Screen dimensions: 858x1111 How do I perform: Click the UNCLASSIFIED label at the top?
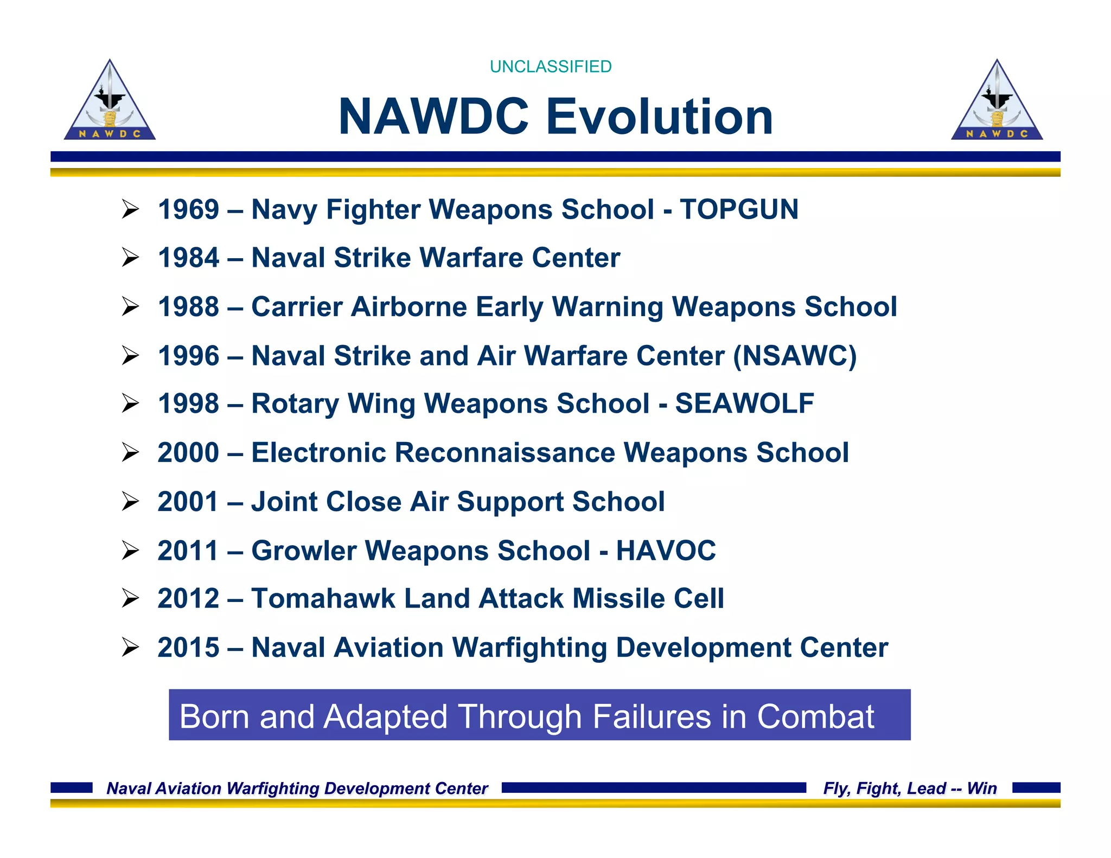pos(550,67)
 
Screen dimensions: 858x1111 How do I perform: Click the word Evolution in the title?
pos(659,117)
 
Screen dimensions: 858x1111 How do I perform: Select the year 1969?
pos(188,209)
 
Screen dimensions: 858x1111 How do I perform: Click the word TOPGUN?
pos(739,209)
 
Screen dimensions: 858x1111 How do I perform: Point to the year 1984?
pos(188,258)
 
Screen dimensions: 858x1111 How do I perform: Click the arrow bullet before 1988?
pos(130,307)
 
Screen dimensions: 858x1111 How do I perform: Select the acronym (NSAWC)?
pos(795,356)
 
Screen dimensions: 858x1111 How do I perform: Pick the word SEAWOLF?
pos(744,404)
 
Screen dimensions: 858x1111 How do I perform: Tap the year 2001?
pos(188,502)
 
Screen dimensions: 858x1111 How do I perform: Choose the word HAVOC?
pos(666,551)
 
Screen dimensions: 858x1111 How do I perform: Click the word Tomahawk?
pos(323,599)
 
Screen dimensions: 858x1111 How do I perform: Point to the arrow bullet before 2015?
pos(130,647)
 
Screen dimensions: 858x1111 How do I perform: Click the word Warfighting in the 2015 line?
pos(529,648)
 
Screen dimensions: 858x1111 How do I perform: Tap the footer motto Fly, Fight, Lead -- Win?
pos(910,788)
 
